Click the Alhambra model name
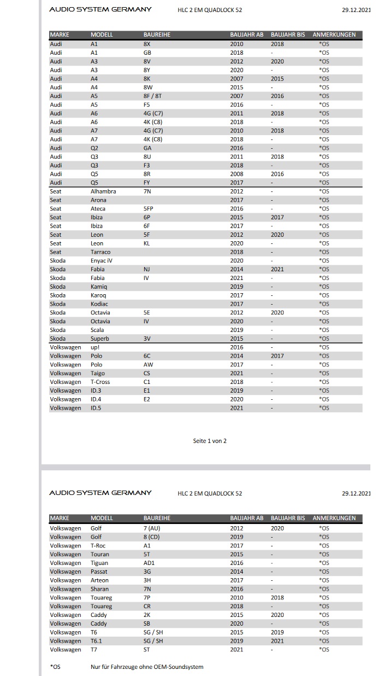point(103,191)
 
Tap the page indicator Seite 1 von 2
point(209,441)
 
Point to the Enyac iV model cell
point(102,261)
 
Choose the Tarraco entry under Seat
point(100,252)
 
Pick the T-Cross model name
point(100,382)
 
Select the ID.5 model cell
point(96,408)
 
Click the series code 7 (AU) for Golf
point(151,528)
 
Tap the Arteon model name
point(99,580)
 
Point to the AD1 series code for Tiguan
point(148,563)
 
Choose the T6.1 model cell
point(96,641)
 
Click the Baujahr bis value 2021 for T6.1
point(277,641)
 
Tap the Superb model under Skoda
point(99,339)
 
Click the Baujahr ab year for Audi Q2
point(237,148)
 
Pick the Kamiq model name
point(99,287)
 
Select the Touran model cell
point(99,554)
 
